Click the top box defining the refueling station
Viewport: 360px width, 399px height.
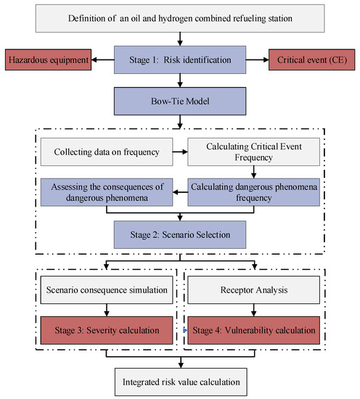[x=181, y=17]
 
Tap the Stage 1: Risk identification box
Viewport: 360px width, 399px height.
[x=181, y=58]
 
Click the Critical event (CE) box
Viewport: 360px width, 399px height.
[x=313, y=58]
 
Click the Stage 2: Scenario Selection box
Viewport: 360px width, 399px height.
[x=181, y=235]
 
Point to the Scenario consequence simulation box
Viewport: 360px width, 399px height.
[x=107, y=292]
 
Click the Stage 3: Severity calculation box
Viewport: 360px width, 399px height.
[x=107, y=331]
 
